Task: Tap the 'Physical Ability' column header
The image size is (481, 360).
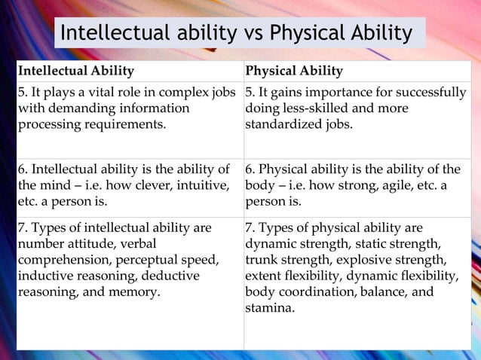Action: pyautogui.click(x=294, y=72)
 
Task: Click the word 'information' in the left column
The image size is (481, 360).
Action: pyautogui.click(x=154, y=108)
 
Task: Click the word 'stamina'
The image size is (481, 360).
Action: pyautogui.click(x=269, y=308)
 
